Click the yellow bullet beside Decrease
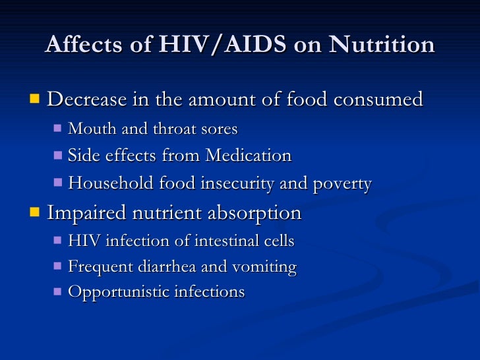[35, 100]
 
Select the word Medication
[248, 156]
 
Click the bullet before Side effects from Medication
[57, 156]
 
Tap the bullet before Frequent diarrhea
[57, 267]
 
